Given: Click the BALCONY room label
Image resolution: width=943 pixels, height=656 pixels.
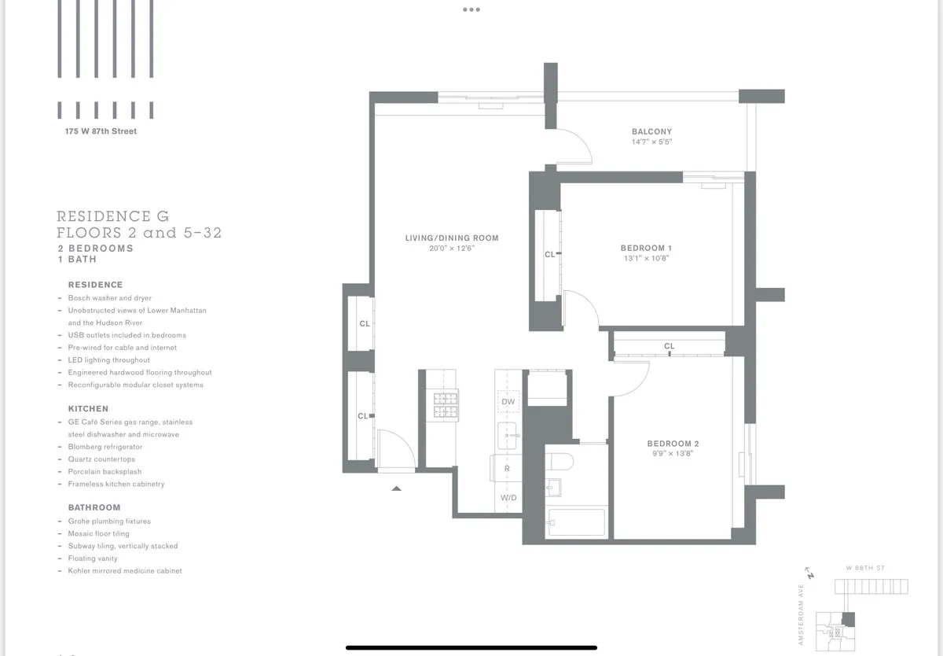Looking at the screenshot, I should [651, 131].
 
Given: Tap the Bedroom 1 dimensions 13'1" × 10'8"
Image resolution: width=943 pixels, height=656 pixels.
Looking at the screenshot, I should [645, 258].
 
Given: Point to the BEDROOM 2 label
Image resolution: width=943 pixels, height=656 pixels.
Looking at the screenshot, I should [673, 444].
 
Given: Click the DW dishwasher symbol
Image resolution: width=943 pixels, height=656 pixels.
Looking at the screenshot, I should [508, 402].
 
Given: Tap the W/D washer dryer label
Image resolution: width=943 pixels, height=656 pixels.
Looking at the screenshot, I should [508, 498].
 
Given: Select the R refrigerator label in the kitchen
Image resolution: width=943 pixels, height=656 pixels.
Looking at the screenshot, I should [507, 468].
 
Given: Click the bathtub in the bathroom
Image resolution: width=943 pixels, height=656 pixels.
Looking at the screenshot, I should [576, 522].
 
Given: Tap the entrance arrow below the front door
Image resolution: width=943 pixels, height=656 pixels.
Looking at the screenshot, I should [397, 488].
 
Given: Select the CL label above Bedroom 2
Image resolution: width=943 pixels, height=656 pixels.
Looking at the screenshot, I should [669, 346].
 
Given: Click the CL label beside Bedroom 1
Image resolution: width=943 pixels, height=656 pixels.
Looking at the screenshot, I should [550, 254].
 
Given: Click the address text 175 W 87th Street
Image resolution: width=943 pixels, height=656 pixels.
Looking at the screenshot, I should [101, 131].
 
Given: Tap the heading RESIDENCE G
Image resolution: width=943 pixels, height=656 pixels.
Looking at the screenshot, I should [112, 216].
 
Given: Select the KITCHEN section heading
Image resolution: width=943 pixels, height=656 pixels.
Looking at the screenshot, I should [88, 409].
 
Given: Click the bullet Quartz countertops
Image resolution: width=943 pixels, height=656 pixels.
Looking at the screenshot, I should [101, 459].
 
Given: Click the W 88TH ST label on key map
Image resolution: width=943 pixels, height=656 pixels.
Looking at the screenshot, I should [864, 568].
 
